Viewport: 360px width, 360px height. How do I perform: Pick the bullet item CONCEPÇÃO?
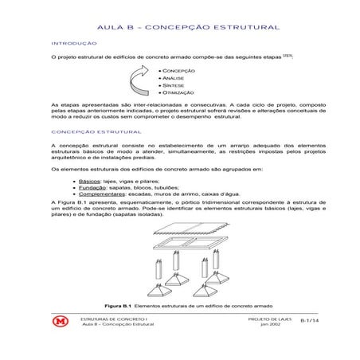point(180,72)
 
